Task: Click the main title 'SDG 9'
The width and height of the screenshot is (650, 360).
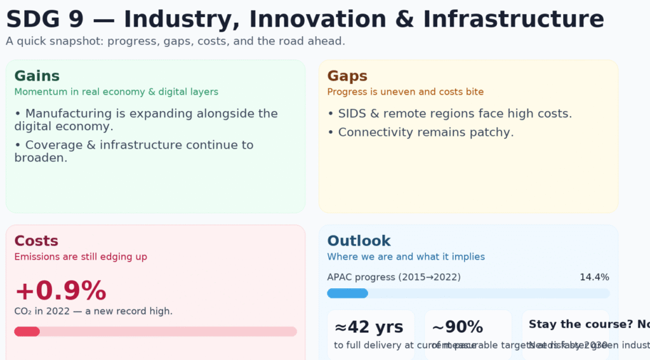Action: [x=45, y=19]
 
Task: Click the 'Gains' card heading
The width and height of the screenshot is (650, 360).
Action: [x=37, y=76]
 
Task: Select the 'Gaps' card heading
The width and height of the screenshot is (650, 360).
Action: [x=347, y=76]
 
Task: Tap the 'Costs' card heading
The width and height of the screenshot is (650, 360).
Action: [x=36, y=241]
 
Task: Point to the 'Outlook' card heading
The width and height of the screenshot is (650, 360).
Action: [x=359, y=241]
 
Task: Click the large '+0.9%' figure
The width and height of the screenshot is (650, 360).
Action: [x=60, y=291]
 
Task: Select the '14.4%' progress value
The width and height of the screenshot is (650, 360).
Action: [x=594, y=277]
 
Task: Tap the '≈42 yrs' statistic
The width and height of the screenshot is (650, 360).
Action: [x=369, y=327]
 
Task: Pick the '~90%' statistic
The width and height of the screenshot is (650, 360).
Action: [x=457, y=327]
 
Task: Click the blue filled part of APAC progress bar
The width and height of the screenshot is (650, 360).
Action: [x=347, y=293]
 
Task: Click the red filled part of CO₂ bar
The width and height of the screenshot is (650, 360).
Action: [x=27, y=331]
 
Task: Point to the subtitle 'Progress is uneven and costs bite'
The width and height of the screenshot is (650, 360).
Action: [x=405, y=92]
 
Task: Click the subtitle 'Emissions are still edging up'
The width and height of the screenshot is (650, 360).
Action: [x=81, y=257]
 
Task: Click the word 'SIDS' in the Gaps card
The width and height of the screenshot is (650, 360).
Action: [x=352, y=114]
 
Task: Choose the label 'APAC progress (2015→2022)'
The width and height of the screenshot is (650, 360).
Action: [x=394, y=277]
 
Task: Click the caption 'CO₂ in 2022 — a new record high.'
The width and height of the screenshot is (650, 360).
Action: [x=93, y=311]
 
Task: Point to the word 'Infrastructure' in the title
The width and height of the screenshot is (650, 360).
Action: [x=514, y=19]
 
